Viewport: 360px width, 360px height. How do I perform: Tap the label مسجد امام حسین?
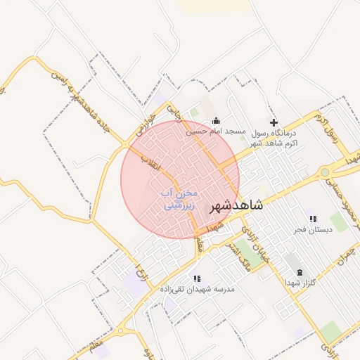[x=216, y=131]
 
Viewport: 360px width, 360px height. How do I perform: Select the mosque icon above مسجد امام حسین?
[x=216, y=120]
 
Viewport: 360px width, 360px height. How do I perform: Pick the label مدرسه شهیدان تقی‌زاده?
[x=197, y=289]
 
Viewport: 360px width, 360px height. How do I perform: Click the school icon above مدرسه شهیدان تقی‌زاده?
[x=197, y=278]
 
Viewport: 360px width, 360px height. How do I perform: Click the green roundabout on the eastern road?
[x=324, y=172]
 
